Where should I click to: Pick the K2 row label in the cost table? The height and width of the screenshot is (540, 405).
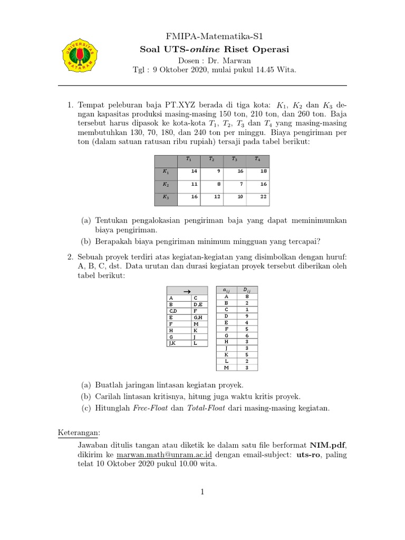pyautogui.click(x=166, y=185)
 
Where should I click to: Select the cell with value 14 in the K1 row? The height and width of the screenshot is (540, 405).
pyautogui.click(x=188, y=172)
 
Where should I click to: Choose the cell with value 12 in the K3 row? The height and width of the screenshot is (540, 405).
pyautogui.click(x=211, y=198)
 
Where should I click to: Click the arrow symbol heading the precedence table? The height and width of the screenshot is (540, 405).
pyautogui.click(x=186, y=290)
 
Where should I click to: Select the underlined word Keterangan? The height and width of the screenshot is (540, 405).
pyautogui.click(x=79, y=433)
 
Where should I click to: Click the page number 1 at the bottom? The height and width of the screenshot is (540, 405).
pyautogui.click(x=202, y=492)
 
